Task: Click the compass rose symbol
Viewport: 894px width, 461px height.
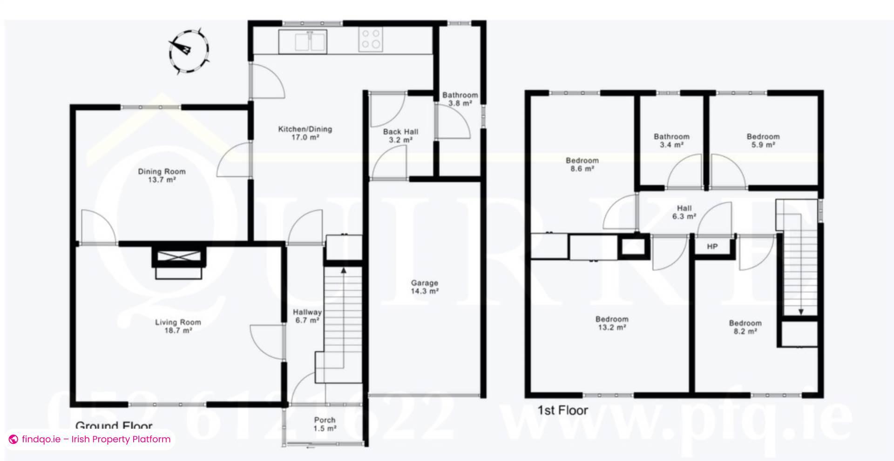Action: [x=189, y=50]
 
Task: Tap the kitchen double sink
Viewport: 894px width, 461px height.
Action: [x=304, y=41]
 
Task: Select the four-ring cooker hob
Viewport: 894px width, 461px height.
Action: [x=371, y=39]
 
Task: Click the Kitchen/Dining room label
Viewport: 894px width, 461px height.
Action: [x=305, y=133]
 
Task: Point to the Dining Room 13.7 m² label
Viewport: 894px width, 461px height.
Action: [x=162, y=175]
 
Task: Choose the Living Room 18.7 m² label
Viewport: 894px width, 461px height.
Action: [x=178, y=326]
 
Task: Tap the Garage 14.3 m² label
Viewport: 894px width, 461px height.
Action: [x=424, y=287]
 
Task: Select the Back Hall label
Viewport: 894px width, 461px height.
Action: [x=400, y=135]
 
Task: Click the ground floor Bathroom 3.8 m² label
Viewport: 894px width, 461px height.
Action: [x=460, y=99]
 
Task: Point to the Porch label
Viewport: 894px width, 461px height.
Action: [x=325, y=424]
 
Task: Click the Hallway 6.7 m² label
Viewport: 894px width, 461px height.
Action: [x=307, y=316]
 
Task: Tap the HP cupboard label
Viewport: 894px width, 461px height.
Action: [x=712, y=247]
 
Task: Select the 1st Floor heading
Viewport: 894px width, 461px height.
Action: [x=562, y=410]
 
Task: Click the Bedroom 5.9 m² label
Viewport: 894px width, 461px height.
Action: [x=763, y=140]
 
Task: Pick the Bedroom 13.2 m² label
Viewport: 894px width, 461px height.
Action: [x=612, y=323]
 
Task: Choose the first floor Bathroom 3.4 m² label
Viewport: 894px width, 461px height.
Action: [x=671, y=140]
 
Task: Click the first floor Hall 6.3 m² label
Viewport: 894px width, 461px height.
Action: [x=684, y=212]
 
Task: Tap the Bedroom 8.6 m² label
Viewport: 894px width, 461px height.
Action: [x=582, y=164]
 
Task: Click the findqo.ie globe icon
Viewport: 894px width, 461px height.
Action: [x=14, y=439]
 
